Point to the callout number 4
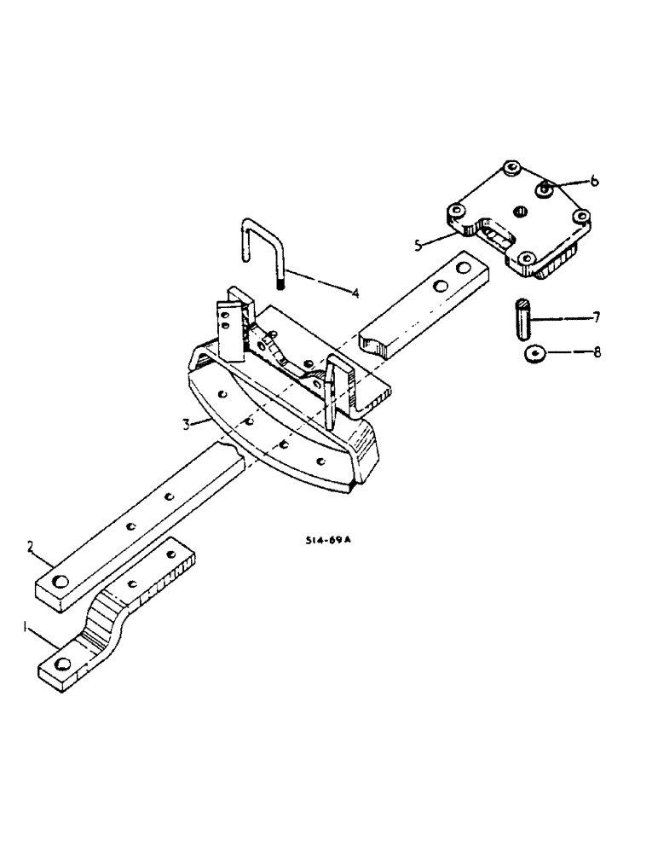point(355,293)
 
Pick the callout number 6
point(595,181)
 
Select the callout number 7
point(596,317)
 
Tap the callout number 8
point(597,351)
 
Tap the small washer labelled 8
point(535,352)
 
